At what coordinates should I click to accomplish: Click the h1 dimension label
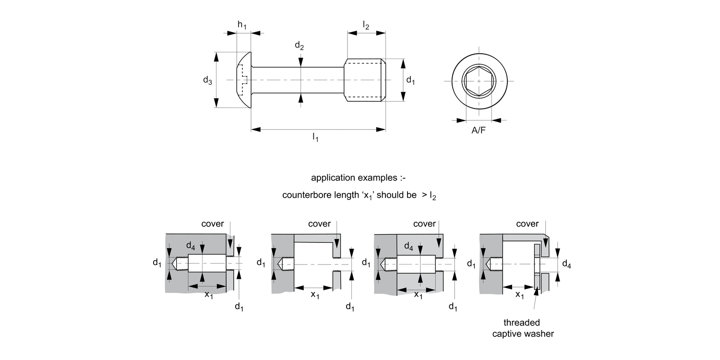(x=242, y=25)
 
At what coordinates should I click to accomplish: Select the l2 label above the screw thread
(x=366, y=25)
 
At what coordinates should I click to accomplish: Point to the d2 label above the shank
(x=299, y=46)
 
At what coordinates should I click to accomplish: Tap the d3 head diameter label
(x=207, y=80)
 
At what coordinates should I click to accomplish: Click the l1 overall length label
(x=315, y=138)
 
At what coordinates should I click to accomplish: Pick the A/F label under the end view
(x=478, y=130)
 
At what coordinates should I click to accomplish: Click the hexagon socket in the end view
(x=479, y=81)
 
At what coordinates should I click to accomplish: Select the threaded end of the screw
(x=365, y=80)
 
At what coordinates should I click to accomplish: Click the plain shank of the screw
(x=298, y=80)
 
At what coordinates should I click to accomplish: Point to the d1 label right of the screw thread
(x=410, y=80)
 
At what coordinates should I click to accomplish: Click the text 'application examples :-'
(x=359, y=178)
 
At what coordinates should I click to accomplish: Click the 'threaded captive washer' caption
(x=523, y=328)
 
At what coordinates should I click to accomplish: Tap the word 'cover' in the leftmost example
(x=213, y=224)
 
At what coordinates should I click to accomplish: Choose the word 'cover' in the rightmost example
(x=527, y=224)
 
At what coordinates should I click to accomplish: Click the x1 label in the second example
(x=315, y=295)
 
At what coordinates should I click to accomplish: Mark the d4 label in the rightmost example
(x=566, y=264)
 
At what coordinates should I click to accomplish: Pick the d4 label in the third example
(x=408, y=247)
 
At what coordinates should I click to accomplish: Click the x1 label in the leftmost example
(x=209, y=295)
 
